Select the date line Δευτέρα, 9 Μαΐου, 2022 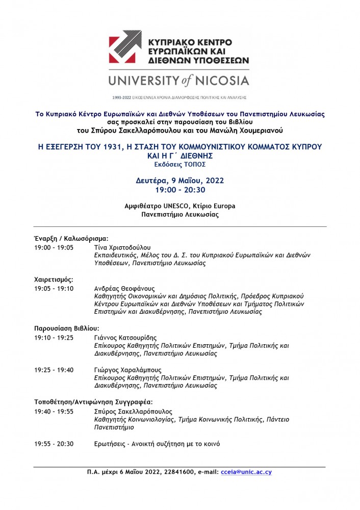point(179,180)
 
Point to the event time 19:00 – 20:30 point(179,190)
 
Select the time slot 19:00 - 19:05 point(54,247)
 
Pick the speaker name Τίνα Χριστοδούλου point(121,247)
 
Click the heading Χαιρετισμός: point(54,279)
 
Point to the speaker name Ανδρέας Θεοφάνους point(124,288)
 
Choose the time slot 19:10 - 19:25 point(54,338)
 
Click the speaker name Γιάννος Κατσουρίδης point(125,338)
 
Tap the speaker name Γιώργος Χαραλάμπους point(127,370)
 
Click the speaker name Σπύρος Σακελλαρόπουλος point(134,412)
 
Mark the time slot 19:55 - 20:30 point(54,444)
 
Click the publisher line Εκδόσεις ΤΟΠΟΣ point(179,164)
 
